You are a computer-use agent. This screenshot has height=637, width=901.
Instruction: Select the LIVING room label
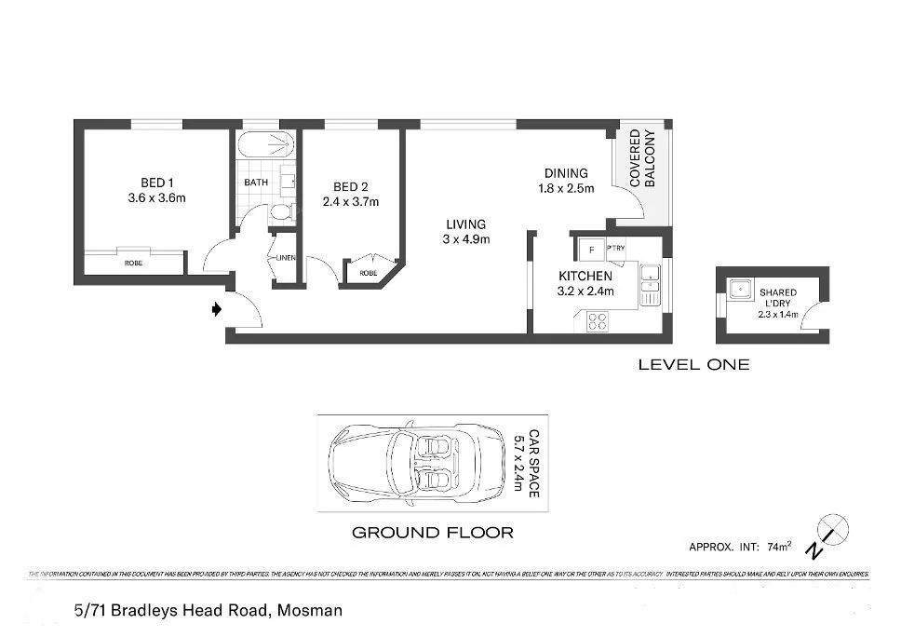point(465,224)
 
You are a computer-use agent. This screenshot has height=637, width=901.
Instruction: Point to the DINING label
point(566,172)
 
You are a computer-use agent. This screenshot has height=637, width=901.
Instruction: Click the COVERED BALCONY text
point(642,159)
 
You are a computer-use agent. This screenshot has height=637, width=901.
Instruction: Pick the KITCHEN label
point(585,277)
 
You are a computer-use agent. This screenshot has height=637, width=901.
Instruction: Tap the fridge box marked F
point(590,251)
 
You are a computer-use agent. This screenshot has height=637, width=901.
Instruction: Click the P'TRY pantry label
point(615,248)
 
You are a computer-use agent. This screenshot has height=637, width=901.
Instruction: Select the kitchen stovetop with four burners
point(596,321)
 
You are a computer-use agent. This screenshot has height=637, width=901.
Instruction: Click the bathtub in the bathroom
point(265,147)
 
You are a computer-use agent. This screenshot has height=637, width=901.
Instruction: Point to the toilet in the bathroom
point(279,212)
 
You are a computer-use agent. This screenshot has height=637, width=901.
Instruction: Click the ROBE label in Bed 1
point(133,264)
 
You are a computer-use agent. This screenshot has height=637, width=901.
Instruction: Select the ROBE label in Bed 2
point(369,274)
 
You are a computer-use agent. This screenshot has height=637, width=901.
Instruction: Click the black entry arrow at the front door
point(217,309)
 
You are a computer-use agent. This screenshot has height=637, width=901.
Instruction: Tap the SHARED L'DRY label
point(777,298)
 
